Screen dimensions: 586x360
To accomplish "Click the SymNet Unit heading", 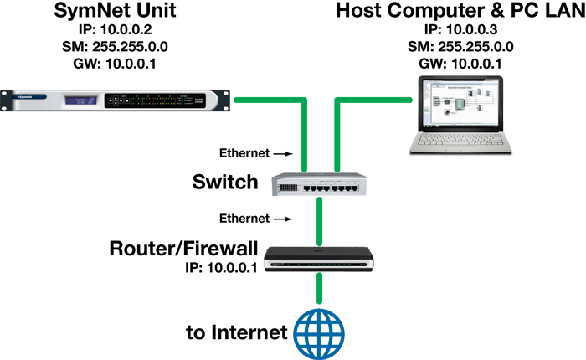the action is pos(115,11).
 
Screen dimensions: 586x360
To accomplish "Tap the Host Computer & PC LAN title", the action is pos(460,11).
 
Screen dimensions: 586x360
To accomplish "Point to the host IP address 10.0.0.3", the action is pos(471,29).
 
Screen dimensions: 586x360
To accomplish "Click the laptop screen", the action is pos(460,104).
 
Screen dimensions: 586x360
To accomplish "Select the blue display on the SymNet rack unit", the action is pos(81,100).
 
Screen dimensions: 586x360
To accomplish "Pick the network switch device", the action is pos(319,184).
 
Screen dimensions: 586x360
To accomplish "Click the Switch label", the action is pos(225,182).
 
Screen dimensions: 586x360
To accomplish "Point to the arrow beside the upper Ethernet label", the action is pos(283,153).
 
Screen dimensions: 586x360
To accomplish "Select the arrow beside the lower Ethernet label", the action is pos(283,219).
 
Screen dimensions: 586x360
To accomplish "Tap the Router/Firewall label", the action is pos(183,249).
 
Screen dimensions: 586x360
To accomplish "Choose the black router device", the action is pos(319,259).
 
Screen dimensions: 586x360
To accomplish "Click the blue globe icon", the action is pos(319,334).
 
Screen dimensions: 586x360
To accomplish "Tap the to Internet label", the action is pos(237,332).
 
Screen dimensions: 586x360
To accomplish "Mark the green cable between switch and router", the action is pos(319,222).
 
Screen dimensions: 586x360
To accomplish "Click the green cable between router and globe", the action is pos(319,288).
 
